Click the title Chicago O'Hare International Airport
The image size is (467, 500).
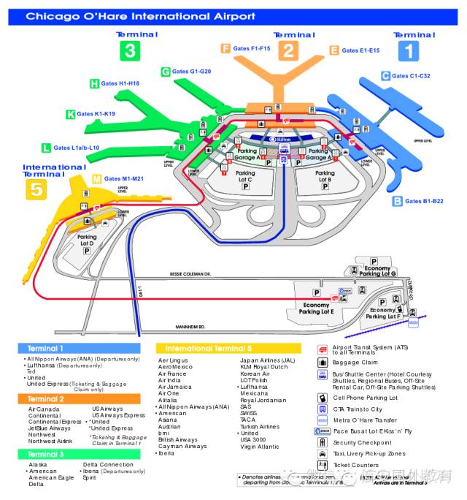[x=141, y=15]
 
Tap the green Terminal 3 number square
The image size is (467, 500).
[x=129, y=50]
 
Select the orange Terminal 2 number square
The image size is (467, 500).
[x=290, y=50]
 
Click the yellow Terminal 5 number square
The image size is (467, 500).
[x=36, y=190]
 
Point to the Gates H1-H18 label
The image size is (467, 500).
[x=120, y=84]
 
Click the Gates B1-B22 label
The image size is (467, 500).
[x=423, y=201]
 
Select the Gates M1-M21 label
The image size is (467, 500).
[x=123, y=178]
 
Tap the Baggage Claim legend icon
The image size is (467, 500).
[x=323, y=363]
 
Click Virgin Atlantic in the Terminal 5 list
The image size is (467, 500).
[x=259, y=447]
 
